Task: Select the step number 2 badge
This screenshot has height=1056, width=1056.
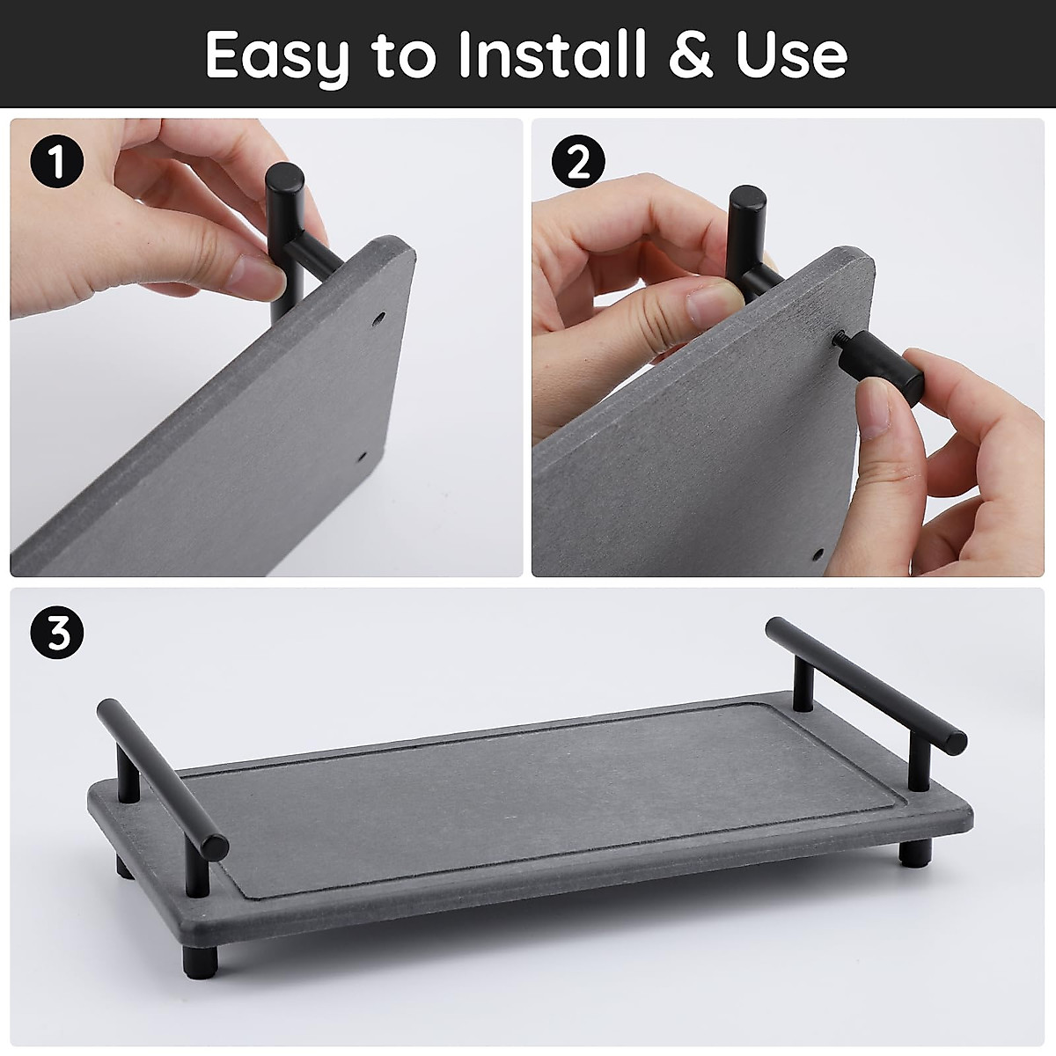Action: pyautogui.click(x=577, y=163)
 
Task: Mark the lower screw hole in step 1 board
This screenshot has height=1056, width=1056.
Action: pyautogui.click(x=361, y=458)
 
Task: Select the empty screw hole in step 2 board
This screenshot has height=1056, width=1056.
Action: pyautogui.click(x=819, y=554)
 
